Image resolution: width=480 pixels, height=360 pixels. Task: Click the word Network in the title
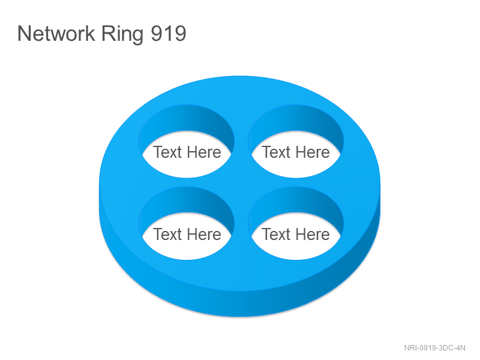tap(56, 33)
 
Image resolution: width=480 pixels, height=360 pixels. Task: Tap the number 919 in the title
tap(169, 34)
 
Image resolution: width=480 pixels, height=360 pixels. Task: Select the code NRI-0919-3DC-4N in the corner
tap(434, 348)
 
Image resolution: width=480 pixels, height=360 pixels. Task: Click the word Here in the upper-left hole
tap(204, 152)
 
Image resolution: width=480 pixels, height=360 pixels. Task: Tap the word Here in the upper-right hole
tap(313, 152)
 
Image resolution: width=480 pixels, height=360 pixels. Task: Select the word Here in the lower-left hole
tap(204, 234)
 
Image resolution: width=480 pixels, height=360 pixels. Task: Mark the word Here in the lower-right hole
tap(313, 234)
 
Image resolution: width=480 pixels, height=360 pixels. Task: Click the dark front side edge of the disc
tap(240, 304)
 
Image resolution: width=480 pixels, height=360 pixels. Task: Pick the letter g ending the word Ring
tap(138, 37)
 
